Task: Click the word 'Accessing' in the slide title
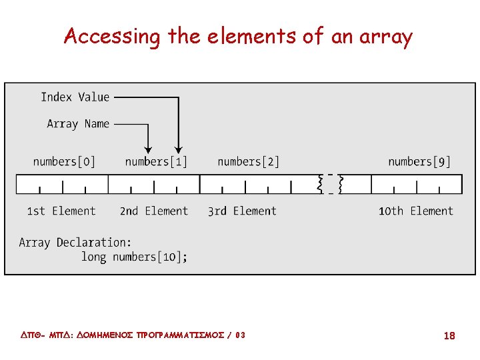111,37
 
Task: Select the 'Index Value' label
75,97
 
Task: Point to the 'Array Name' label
78,124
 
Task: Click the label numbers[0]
64,161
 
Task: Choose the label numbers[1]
156,161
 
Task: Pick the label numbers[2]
248,161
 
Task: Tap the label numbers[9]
419,161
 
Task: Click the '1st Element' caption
61,211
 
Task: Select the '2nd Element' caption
154,211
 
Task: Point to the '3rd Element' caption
242,211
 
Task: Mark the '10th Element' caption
416,211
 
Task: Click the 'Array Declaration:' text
75,243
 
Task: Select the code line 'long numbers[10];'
134,257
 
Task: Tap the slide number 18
449,336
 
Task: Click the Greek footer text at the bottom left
129,335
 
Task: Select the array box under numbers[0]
62,184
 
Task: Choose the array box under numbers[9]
417,184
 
